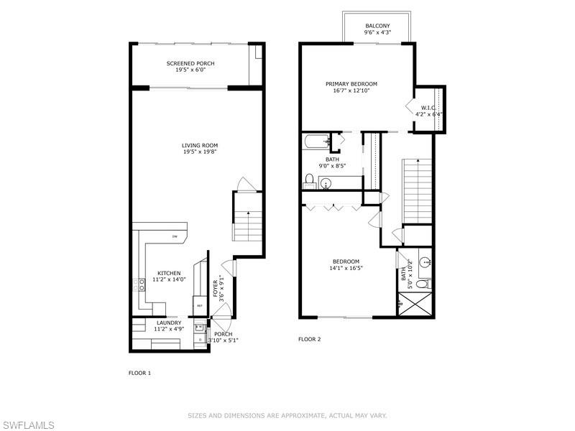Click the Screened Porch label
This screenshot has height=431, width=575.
190,63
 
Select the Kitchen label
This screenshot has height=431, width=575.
169,273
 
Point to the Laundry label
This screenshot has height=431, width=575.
168,323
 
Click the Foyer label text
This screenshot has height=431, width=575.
215,289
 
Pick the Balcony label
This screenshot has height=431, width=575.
377,25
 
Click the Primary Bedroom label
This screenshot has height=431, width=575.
355,84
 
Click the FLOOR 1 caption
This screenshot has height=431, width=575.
139,373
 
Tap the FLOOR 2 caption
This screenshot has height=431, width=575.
309,338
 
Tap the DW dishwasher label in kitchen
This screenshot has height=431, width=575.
174,236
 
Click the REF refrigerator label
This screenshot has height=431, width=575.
198,305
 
